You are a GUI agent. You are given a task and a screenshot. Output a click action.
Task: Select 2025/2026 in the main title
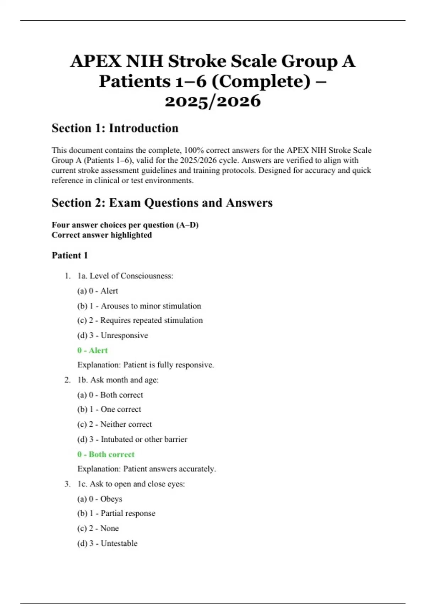tap(213, 101)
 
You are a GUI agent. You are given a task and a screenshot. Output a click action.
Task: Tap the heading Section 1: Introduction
tap(115, 128)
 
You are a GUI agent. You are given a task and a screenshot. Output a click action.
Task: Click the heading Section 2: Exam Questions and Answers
tap(162, 203)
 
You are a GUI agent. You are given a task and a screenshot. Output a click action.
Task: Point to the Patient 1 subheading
tap(70, 255)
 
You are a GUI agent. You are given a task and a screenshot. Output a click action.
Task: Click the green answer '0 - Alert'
tap(92, 350)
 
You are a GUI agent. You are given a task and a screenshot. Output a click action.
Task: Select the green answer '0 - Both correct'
tap(106, 454)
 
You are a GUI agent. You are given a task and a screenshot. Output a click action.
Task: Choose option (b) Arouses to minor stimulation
tap(139, 306)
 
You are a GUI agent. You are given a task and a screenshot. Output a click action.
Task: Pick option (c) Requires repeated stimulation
tap(140, 320)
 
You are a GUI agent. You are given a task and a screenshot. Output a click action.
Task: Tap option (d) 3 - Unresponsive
tap(113, 335)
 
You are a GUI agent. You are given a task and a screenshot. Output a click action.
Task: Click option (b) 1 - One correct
tap(109, 409)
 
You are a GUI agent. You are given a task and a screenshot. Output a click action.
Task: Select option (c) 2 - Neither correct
tap(114, 424)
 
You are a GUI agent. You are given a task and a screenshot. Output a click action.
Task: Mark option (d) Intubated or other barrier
tap(132, 439)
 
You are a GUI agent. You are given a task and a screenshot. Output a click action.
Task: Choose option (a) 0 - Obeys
tap(100, 499)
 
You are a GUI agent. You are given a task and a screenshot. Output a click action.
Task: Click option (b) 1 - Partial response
tap(116, 513)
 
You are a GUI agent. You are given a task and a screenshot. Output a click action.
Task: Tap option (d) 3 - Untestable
tap(107, 543)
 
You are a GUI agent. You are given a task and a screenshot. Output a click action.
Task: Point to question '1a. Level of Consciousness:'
tap(125, 276)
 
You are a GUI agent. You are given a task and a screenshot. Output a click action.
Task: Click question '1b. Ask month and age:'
tap(118, 380)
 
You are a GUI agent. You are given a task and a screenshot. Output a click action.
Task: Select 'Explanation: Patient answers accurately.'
tap(147, 469)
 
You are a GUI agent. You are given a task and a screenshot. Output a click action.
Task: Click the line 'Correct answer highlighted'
tap(102, 235)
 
